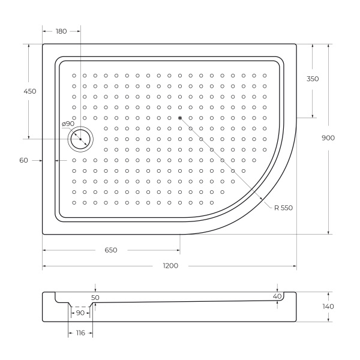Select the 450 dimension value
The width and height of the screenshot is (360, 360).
point(29,91)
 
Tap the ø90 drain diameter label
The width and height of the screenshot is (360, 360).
point(67,124)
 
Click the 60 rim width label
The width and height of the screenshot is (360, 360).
point(24,160)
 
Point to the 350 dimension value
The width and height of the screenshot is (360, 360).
point(313,79)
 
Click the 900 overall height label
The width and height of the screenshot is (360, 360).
point(328,138)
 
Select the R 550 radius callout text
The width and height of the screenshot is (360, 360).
point(283,208)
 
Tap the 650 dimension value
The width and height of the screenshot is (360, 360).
point(110,250)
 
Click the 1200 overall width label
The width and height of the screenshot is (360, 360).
point(170,266)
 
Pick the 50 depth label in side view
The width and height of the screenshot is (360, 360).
point(95,297)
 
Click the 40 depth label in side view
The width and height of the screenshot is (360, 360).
point(277,296)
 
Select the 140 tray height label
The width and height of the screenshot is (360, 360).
point(328,306)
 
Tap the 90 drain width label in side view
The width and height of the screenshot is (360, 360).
point(80,313)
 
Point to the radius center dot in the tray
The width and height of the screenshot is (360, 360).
point(179,118)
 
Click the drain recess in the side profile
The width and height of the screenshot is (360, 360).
point(80,304)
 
